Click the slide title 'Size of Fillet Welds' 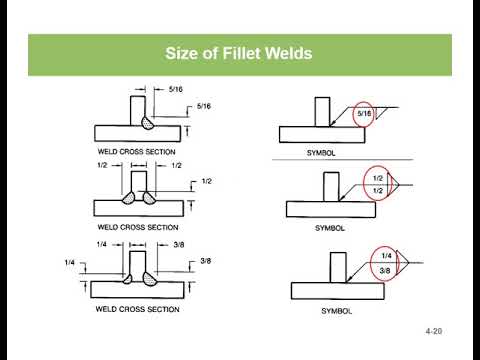(239, 53)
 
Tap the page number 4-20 (434, 331)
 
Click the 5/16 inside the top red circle (364, 113)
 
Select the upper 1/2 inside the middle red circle (378, 178)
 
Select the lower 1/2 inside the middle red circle (378, 191)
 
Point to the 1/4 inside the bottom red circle (386, 256)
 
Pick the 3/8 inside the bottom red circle (385, 270)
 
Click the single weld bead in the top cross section (147, 122)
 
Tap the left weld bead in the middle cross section (129, 198)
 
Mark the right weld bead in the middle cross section (149, 198)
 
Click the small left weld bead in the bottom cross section (127, 279)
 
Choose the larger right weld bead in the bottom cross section (149, 278)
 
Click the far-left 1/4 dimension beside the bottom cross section (69, 263)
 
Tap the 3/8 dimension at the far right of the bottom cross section (206, 261)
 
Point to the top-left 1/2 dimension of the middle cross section (102, 165)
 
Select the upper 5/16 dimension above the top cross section (176, 89)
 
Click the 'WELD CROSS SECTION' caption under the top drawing (136, 152)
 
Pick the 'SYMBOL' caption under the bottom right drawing (336, 311)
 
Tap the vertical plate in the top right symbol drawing (322, 112)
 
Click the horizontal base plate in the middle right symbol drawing (331, 209)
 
